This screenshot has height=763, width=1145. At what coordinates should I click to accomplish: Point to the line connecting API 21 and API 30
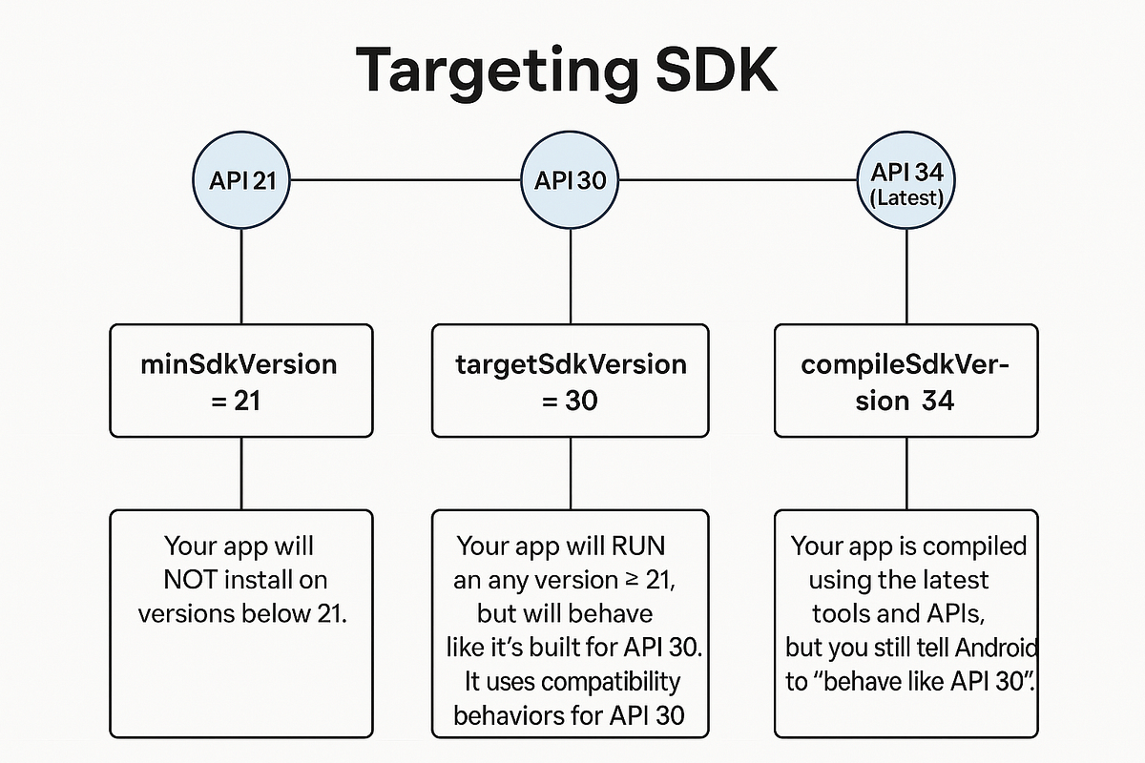pos(406,179)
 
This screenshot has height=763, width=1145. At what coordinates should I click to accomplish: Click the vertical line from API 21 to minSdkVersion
pos(240,277)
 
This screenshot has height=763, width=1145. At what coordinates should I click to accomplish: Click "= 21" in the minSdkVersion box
pos(235,401)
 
